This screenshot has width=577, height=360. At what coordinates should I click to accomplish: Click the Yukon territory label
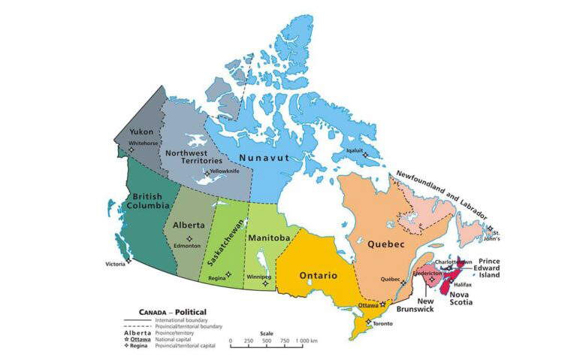(141, 132)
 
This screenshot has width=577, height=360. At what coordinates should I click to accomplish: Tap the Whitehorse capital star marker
(131, 150)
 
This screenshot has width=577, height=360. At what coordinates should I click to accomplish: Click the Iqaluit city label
(354, 150)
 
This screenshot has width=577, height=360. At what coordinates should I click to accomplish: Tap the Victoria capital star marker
(128, 261)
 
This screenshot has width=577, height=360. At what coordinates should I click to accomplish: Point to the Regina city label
(217, 277)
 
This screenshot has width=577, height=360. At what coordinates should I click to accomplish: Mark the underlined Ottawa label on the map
(367, 306)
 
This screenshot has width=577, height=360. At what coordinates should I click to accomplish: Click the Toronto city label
(382, 323)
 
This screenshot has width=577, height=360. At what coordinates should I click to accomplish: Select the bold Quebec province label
(387, 245)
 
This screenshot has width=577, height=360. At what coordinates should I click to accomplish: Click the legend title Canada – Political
(172, 311)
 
